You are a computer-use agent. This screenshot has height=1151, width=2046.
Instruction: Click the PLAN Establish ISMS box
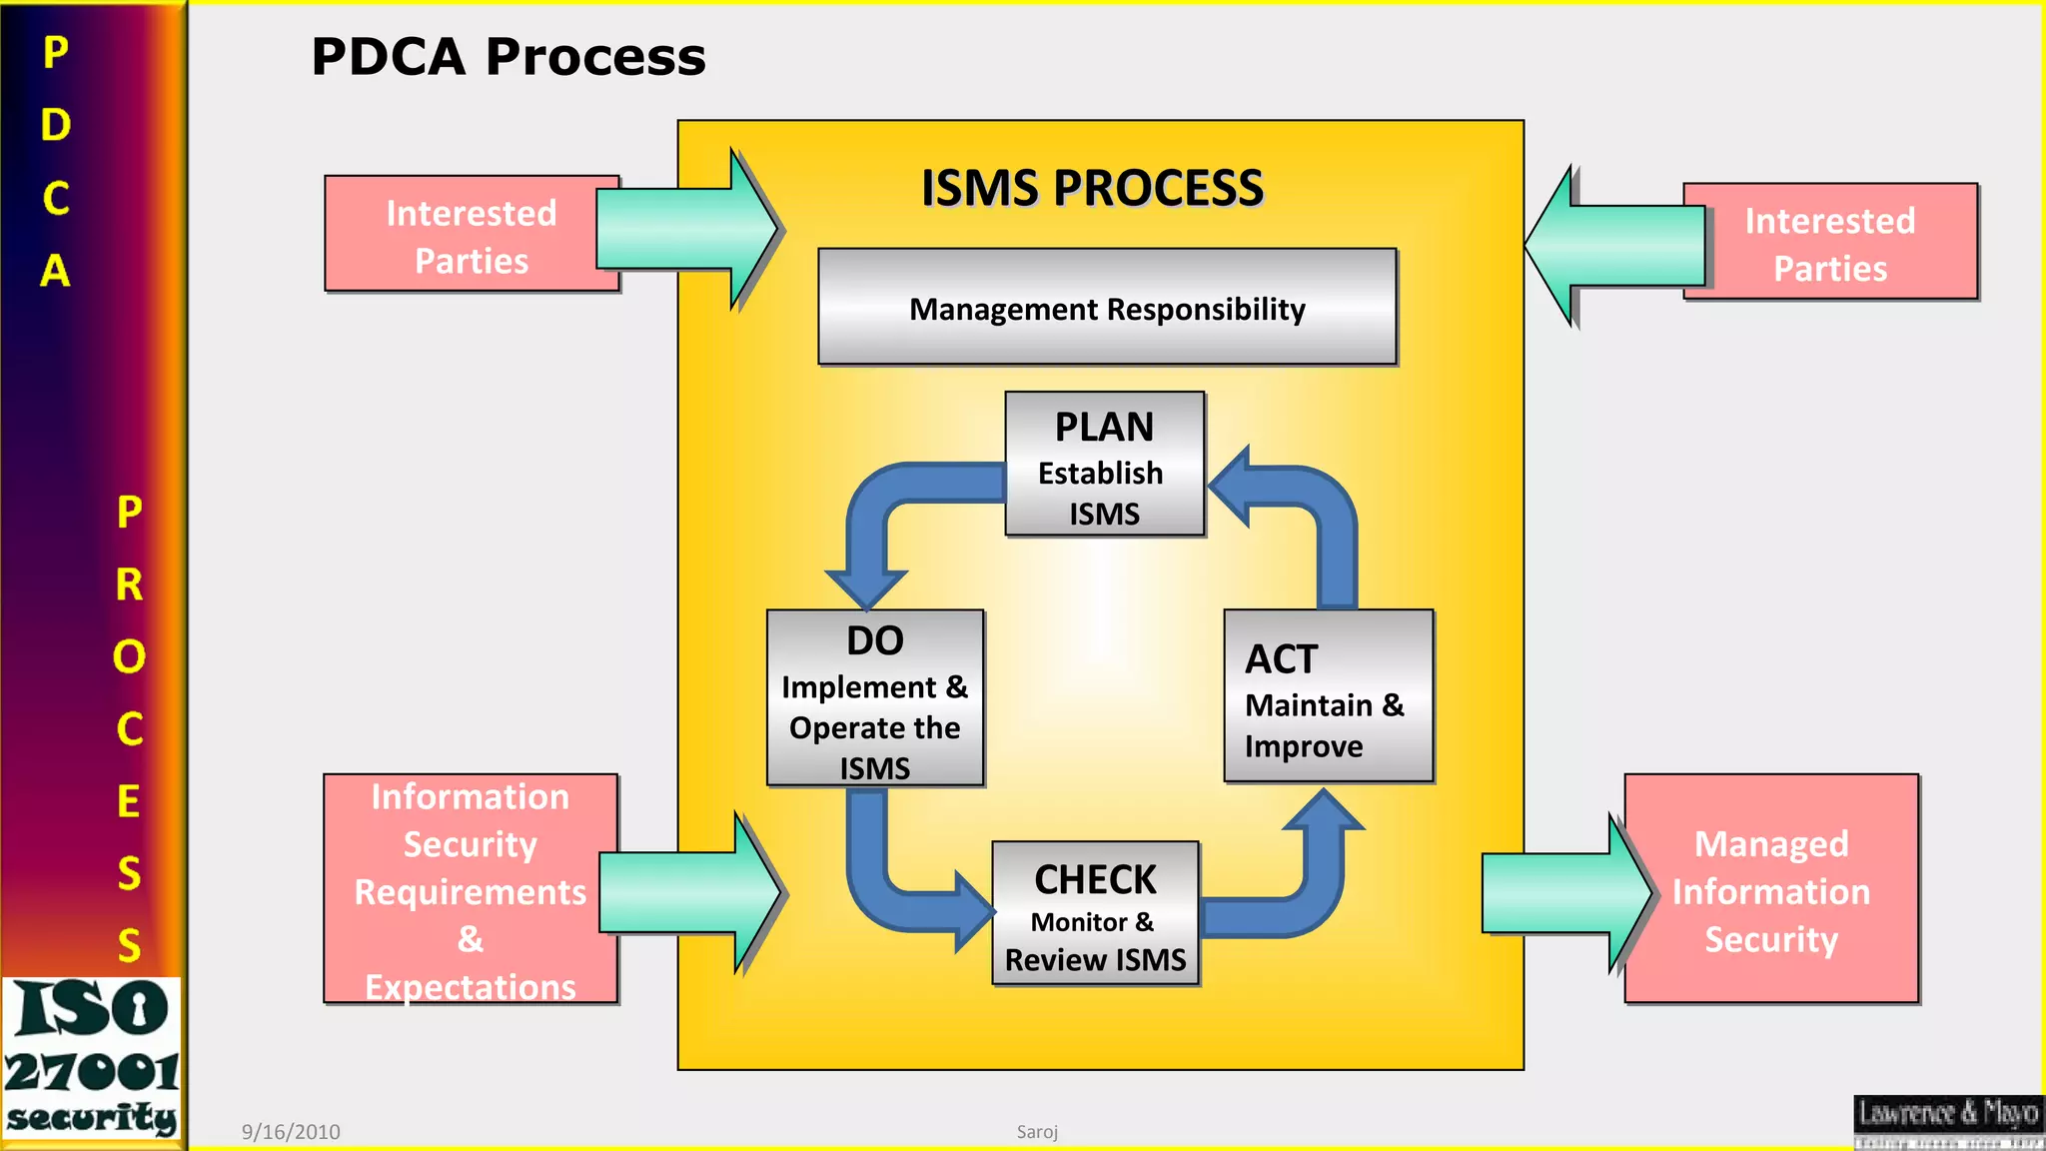(1104, 464)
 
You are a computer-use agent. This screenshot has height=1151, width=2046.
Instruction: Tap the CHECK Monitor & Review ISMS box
(1095, 913)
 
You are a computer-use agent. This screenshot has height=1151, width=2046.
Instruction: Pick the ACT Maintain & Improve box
(1328, 695)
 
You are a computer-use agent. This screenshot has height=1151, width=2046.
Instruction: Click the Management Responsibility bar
(1106, 307)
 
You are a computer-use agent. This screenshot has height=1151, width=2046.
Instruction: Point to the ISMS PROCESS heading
(1092, 188)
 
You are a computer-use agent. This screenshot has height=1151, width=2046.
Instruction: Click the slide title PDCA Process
(508, 57)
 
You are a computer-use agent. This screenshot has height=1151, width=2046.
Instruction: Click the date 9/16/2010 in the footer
(291, 1132)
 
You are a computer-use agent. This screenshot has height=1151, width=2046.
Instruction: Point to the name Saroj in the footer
(1037, 1132)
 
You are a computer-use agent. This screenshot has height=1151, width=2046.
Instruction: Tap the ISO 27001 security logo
(92, 1059)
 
